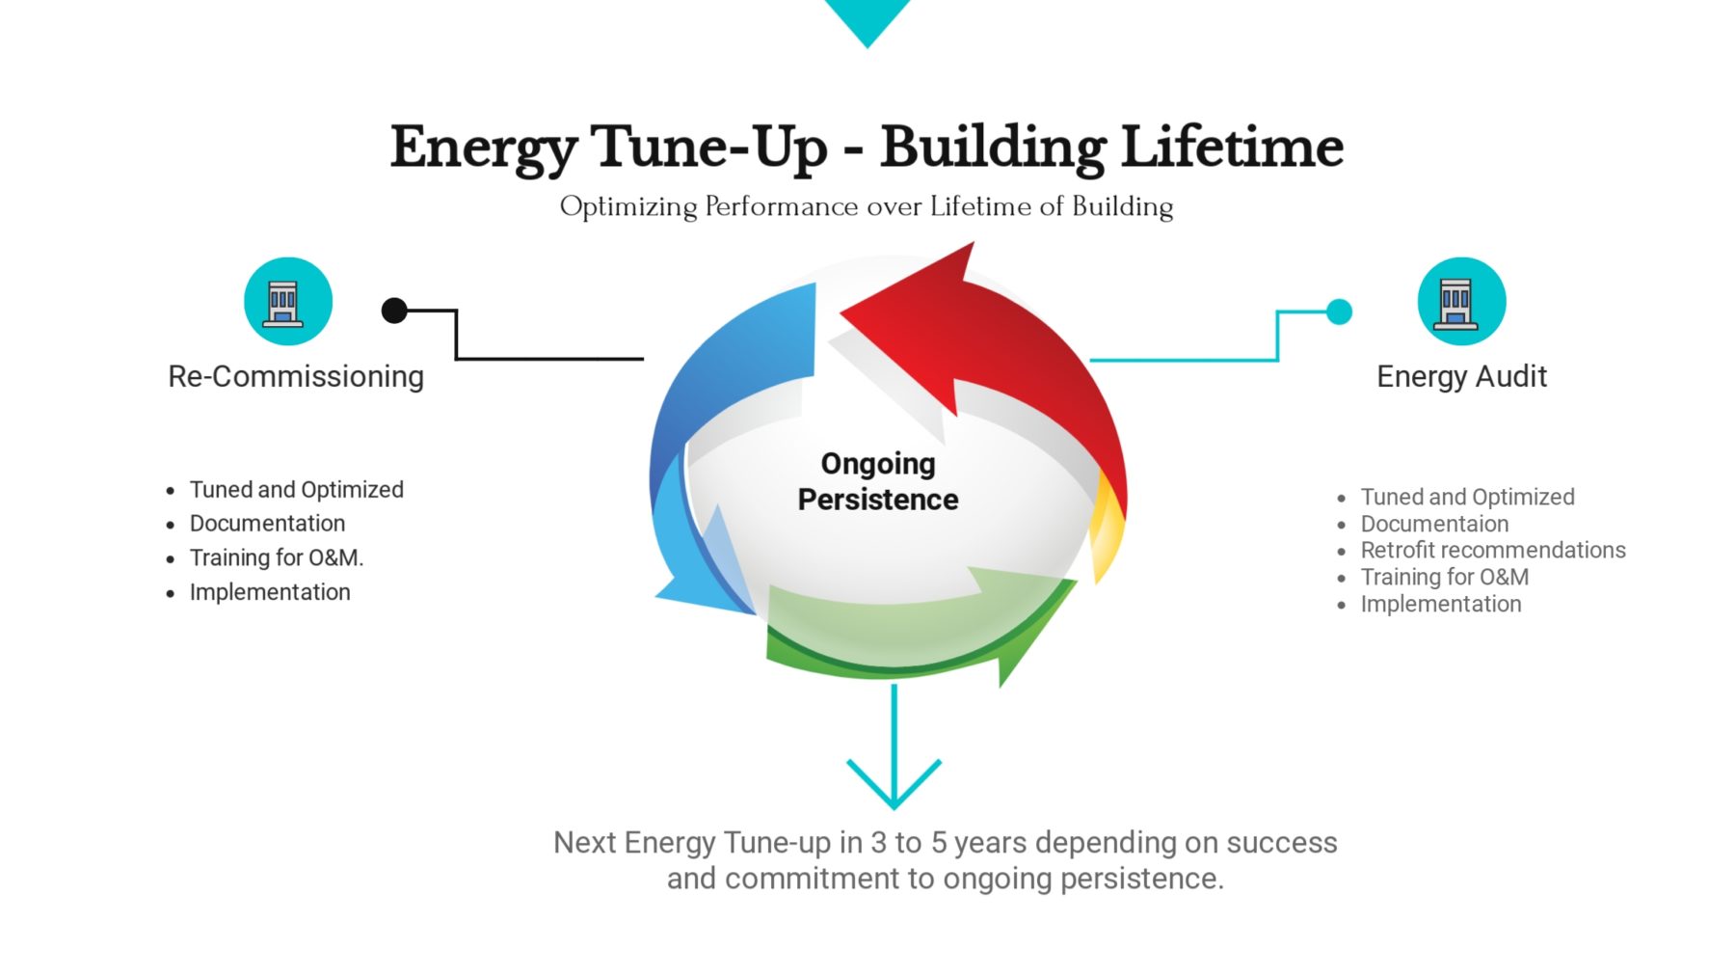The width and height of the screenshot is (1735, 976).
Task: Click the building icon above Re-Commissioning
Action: pos(288,301)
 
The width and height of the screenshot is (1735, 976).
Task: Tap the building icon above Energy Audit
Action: pos(1461,301)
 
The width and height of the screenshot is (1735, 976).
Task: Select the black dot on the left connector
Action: pos(394,311)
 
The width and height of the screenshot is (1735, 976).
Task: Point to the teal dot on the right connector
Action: pos(1339,312)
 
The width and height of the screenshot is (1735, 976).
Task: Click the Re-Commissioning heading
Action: pos(296,376)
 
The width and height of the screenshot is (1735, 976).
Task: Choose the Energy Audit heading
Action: pos(1461,376)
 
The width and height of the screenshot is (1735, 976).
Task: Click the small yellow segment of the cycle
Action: pos(1108,526)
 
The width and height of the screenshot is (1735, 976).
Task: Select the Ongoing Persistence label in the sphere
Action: pos(878,481)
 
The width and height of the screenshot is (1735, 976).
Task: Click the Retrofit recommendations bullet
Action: pos(1493,550)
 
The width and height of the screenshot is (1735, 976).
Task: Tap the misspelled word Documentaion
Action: pos(1434,524)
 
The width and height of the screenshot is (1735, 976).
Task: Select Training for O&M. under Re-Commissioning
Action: pos(277,557)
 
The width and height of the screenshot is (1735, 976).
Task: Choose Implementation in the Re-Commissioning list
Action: pos(270,592)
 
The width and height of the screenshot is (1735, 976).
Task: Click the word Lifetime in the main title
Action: pos(1233,147)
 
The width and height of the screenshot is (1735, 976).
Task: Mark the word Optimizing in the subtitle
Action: pos(628,207)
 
